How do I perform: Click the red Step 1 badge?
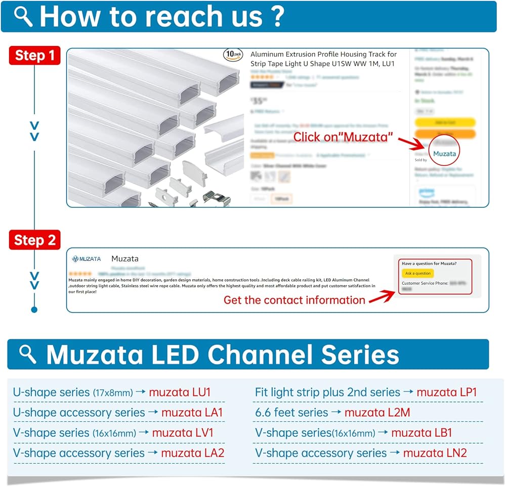coord(34,55)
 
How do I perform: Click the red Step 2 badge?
coord(34,240)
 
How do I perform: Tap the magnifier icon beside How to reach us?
coord(23,16)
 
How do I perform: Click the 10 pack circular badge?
coord(233,55)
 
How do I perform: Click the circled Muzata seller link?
coord(444,153)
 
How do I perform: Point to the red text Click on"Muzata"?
coord(343,137)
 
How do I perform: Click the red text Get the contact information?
coord(294,300)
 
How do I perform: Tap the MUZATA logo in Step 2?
coord(87,259)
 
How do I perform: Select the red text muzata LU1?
coord(180,392)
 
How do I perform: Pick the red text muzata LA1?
coord(192,412)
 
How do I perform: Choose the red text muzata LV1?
coord(183,432)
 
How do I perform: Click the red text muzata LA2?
coord(192,453)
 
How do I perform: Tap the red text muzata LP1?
coord(446,392)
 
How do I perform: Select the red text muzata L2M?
coord(377,412)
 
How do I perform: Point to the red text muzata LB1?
coord(421,432)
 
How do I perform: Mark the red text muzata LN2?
coord(435,453)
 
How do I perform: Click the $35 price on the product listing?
coord(258,101)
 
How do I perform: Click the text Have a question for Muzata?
coord(429,263)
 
